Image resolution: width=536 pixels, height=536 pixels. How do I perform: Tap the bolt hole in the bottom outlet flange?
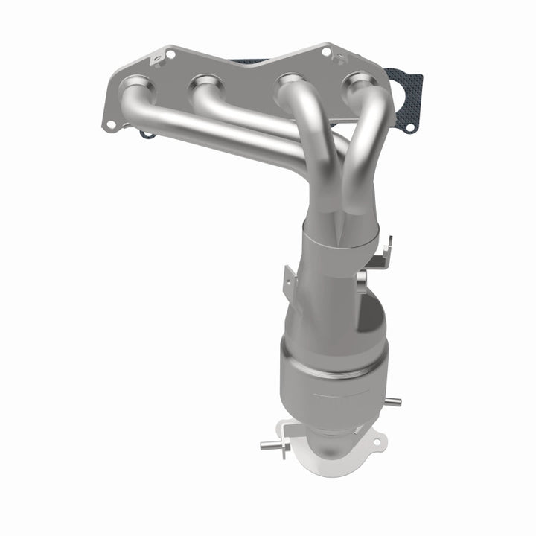[374, 443]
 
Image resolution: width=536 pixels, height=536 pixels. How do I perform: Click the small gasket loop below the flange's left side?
[147, 135]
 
